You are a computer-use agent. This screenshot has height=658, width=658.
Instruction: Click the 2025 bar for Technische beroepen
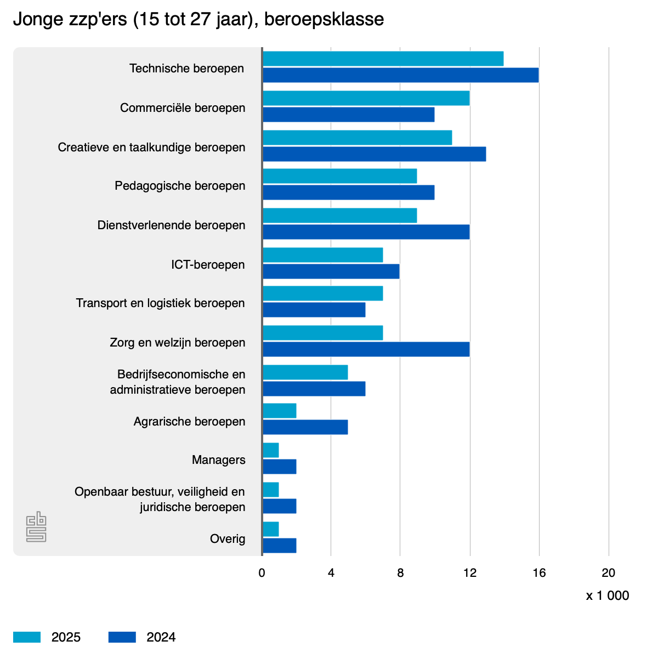tap(383, 59)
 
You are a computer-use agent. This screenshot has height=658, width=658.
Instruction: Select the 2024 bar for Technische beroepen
tap(400, 75)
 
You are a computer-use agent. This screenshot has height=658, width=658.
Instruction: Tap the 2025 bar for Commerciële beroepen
tap(366, 98)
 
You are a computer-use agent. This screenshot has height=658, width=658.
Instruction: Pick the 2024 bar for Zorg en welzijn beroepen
tap(366, 349)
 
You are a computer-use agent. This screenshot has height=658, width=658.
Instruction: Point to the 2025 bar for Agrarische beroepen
tap(280, 411)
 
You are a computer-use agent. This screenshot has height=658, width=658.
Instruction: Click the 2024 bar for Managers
tap(280, 467)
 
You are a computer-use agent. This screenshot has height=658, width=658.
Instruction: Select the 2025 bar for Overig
tap(271, 529)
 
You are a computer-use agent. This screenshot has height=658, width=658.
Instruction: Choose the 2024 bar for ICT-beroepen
tap(331, 271)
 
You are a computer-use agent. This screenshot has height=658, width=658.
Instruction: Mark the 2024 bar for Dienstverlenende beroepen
tap(366, 232)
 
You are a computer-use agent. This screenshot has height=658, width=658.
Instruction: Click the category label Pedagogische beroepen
tap(180, 186)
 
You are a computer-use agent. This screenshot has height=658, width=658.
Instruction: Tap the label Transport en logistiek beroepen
tap(160, 303)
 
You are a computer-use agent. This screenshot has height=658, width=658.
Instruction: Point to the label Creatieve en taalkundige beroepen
tap(151, 148)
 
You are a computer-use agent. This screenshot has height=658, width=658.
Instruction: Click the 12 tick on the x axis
tap(469, 573)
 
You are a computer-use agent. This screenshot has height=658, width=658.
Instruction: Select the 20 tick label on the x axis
tap(608, 573)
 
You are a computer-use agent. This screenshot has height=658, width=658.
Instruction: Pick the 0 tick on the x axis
tap(262, 573)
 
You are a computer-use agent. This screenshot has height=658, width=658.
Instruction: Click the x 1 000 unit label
tap(608, 596)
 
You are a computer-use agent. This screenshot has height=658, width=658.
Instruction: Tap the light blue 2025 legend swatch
tap(27, 637)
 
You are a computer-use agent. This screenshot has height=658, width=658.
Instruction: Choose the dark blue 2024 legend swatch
tap(122, 637)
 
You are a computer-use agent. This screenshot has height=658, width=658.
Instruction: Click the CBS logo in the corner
tap(36, 527)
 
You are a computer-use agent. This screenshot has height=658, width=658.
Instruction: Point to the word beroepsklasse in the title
tap(324, 20)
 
